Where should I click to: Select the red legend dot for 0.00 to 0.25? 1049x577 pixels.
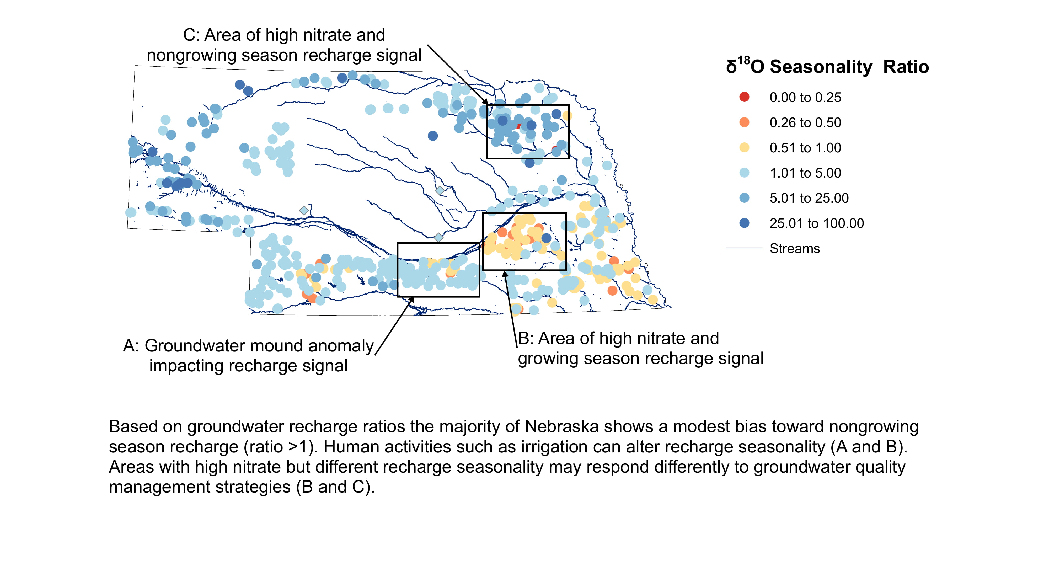[744, 97]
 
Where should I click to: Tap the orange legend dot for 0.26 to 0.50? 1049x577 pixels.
[744, 122]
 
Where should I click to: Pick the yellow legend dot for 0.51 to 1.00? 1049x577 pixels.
[744, 147]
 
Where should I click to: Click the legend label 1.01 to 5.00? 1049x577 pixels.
[805, 173]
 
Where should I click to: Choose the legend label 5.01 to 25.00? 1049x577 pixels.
[809, 198]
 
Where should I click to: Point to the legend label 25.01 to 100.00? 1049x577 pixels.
[816, 223]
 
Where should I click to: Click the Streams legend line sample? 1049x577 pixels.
[744, 248]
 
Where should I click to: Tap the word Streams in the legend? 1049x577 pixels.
[795, 248]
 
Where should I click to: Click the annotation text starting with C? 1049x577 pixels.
[284, 45]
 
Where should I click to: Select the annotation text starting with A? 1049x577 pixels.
[248, 355]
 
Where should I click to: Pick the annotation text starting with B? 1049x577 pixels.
[640, 348]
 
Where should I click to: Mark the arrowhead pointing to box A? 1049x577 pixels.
[412, 299]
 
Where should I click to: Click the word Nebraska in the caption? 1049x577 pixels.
[561, 427]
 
